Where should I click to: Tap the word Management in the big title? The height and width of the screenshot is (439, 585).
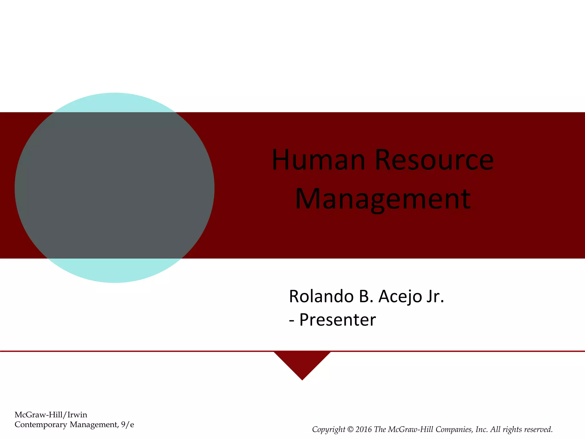coord(383,199)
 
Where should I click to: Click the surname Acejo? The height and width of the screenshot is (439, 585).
coord(400,296)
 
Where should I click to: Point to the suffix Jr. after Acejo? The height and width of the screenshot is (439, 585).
coord(435,296)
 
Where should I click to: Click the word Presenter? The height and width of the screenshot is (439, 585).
coord(337,320)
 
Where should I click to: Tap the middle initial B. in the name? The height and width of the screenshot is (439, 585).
coord(366,296)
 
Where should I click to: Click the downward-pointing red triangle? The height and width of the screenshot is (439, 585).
coord(302,363)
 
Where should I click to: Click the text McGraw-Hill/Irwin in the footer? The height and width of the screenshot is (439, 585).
coord(51,415)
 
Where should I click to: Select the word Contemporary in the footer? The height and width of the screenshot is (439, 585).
coord(41,425)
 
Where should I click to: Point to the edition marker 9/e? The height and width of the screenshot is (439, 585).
coord(127,425)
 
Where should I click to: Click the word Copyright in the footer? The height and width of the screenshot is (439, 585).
coord(328,430)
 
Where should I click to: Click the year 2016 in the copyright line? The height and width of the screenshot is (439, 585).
coord(364,430)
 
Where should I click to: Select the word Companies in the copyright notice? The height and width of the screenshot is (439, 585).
coord(454,430)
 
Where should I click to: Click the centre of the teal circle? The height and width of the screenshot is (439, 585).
coord(115,188)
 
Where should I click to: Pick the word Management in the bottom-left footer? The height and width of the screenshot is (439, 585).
coord(93,425)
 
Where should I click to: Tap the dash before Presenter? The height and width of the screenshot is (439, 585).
coord(291,320)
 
